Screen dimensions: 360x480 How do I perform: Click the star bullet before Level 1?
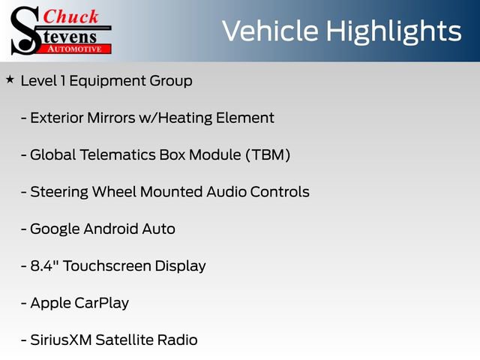coord(10,78)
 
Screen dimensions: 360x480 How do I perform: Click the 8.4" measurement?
coord(47,265)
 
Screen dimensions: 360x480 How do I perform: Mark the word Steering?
coord(59,192)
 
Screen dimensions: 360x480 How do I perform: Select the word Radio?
coord(177,340)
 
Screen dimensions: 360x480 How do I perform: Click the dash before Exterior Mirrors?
coord(24,118)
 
